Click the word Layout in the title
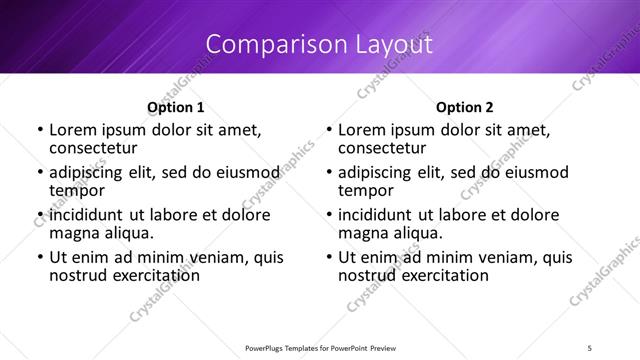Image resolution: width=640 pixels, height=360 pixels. point(389,45)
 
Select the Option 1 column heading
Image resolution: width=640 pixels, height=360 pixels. point(175,107)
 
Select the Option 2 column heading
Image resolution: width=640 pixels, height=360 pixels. point(465,107)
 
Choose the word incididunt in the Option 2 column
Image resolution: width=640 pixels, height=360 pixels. point(386,215)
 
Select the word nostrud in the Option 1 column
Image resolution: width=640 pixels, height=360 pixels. point(78,276)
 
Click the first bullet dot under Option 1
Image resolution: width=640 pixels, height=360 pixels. point(39,131)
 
